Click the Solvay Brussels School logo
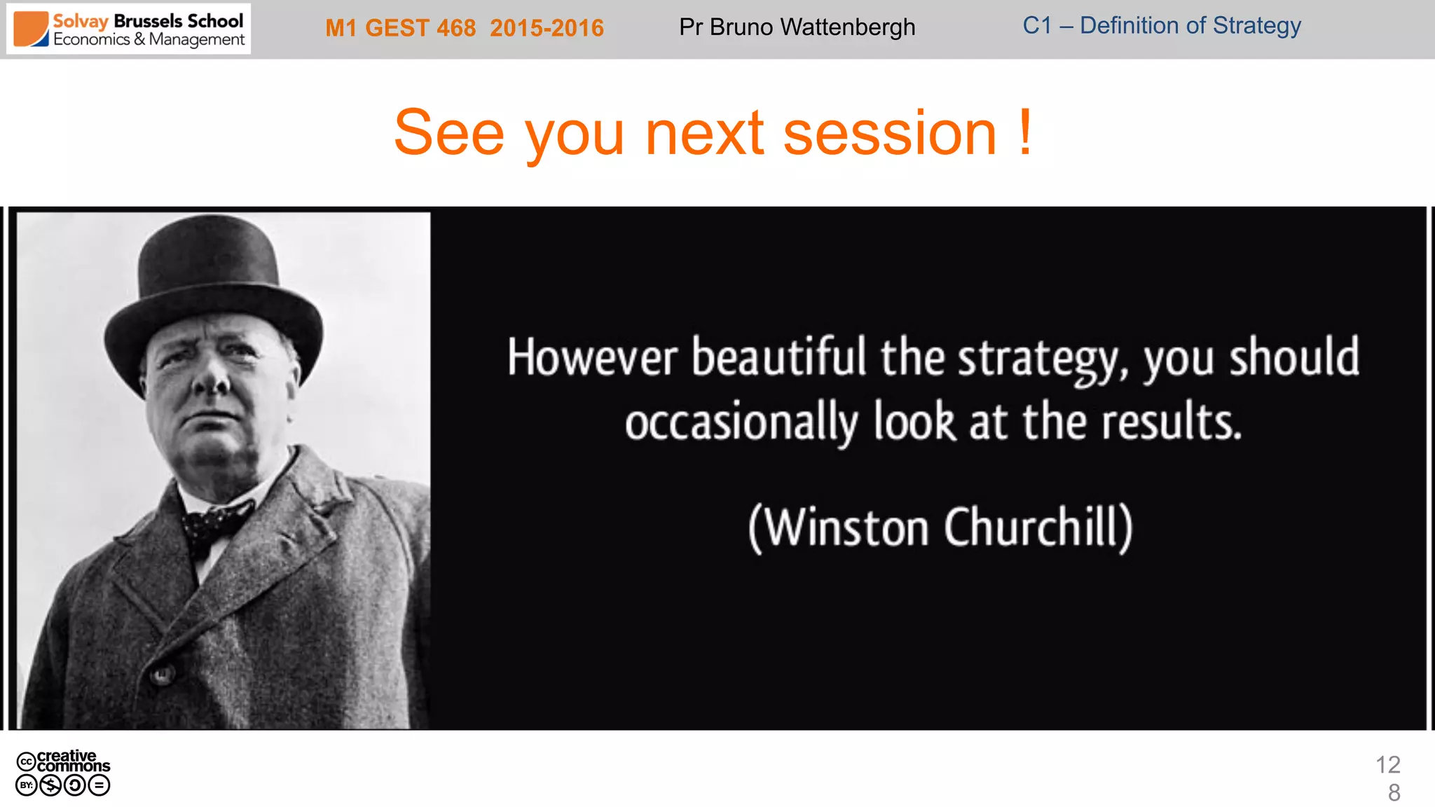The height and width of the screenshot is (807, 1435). click(x=129, y=29)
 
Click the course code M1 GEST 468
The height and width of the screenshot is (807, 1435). click(x=400, y=28)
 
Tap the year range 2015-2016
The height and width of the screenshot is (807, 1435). click(x=547, y=28)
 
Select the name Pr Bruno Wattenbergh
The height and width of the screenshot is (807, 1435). click(x=797, y=27)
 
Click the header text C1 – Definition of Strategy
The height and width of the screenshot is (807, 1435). click(x=1161, y=26)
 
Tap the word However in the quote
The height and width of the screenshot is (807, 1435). click(x=592, y=358)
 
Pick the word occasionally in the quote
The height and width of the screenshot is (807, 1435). click(x=741, y=423)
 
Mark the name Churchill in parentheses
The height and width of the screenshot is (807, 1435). click(x=1037, y=527)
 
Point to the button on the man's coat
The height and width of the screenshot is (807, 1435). click(x=162, y=675)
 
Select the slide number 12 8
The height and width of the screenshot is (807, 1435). click(x=1388, y=778)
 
